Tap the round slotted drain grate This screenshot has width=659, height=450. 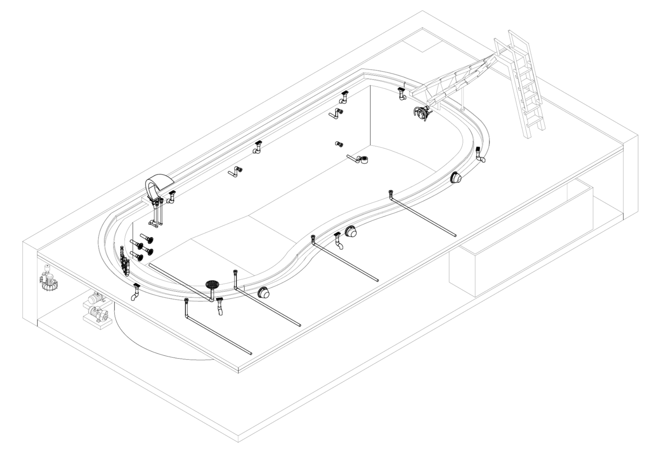pos(212,284)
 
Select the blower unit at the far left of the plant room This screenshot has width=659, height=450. pos(48,278)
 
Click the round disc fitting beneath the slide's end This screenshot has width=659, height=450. pos(422,113)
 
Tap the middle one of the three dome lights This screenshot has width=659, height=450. pos(351,232)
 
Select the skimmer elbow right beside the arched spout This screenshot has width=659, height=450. pos(171,197)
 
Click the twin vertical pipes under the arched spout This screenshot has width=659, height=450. pos(158,213)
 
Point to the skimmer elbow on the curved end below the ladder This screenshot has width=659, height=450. pos(480,154)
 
